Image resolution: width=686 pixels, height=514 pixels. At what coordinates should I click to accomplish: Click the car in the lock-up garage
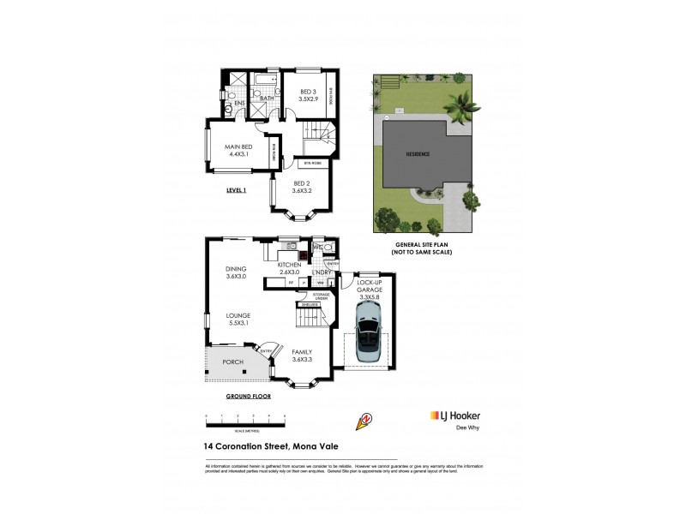[367, 339]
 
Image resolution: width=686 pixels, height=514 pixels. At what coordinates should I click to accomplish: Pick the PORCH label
[232, 362]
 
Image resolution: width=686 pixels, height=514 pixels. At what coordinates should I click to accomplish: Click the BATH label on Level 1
[267, 99]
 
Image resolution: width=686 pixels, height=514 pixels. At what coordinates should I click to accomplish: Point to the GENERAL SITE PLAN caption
[422, 247]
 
